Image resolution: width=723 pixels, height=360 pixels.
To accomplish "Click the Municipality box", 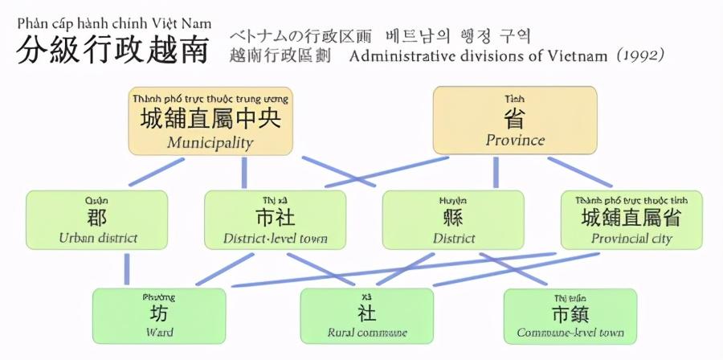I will pyautogui.click(x=210, y=121).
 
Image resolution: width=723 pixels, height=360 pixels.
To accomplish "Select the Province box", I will pyautogui.click(x=515, y=121).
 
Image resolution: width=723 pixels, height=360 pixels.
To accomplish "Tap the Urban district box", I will pyautogui.click(x=97, y=219).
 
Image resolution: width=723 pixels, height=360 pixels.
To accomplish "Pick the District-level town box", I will pyautogui.click(x=275, y=219).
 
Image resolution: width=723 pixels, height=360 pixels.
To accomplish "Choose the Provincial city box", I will pyautogui.click(x=631, y=219).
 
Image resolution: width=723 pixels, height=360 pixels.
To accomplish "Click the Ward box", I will pyautogui.click(x=159, y=316).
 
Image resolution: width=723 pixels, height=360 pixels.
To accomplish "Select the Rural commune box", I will pyautogui.click(x=366, y=316).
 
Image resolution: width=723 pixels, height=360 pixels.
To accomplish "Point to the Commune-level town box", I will pyautogui.click(x=570, y=316).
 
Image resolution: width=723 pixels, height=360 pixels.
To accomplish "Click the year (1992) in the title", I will pyautogui.click(x=641, y=55).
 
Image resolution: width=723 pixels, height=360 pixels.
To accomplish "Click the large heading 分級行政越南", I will pyautogui.click(x=112, y=51).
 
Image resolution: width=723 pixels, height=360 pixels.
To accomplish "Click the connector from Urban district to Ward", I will pyautogui.click(x=127, y=268).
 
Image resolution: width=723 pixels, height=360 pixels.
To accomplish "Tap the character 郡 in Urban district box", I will pyautogui.click(x=97, y=217).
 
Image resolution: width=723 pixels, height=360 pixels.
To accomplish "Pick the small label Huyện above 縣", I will pyautogui.click(x=452, y=198).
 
